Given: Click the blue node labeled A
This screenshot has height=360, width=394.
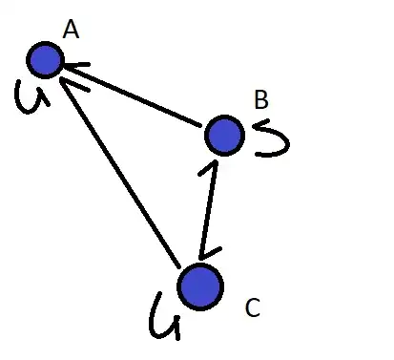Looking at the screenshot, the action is coord(45,60).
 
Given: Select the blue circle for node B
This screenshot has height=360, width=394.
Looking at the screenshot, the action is coord(224,135).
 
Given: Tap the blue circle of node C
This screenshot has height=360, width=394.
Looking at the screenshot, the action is coord(200,286).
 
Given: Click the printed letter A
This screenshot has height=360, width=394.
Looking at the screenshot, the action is coord(71,31).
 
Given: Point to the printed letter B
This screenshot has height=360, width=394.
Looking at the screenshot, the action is coord(261,100).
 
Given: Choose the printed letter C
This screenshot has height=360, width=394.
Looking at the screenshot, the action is coord(253,307).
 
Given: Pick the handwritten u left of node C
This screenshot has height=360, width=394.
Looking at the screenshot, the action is coord(164,318).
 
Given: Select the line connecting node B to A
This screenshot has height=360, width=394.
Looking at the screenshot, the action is coord(132,95).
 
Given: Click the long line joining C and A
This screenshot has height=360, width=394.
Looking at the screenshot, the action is coord(120,174).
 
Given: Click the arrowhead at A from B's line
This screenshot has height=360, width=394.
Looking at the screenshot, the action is coord(74,67).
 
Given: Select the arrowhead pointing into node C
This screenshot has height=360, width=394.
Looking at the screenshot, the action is coord(207,254).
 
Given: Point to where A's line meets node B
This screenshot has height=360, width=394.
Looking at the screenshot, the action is coord(201,126).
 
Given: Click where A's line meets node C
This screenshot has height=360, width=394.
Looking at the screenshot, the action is coord(179,266).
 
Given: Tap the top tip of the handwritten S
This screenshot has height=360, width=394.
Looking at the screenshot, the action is coord(268,120).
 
